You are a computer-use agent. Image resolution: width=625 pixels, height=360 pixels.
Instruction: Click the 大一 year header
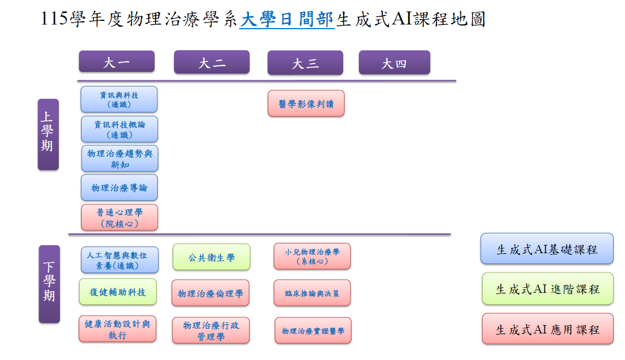117,61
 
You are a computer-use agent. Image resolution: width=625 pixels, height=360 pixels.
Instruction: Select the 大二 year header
211,62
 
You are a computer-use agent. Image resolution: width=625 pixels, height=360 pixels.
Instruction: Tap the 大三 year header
305,63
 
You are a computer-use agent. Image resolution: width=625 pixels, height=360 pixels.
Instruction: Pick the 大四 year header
394,63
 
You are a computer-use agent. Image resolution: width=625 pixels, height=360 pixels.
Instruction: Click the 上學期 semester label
48,134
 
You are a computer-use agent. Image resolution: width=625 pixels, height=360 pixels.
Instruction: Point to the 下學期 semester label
49,284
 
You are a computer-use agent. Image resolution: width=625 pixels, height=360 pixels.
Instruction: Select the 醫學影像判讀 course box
306,103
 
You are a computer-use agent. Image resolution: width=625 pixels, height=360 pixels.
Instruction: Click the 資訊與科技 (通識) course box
119,99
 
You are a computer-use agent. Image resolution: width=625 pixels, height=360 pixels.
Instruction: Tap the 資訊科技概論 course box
119,129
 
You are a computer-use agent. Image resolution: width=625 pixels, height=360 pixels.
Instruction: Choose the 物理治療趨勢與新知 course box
120,158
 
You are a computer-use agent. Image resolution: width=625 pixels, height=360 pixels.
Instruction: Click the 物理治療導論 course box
119,188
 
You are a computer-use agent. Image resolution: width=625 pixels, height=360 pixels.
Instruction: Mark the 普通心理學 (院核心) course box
119,217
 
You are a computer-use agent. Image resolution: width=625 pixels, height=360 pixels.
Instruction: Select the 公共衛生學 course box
211,257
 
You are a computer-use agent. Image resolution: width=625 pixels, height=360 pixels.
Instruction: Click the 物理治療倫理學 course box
210,293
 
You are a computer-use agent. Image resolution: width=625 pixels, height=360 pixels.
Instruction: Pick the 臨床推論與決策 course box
312,293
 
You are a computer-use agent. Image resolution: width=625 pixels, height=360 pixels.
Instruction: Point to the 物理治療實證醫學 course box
313,330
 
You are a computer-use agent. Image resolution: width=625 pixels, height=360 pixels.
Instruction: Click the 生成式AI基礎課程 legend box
547,249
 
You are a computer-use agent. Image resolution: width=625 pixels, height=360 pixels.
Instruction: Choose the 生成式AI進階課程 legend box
547,289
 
